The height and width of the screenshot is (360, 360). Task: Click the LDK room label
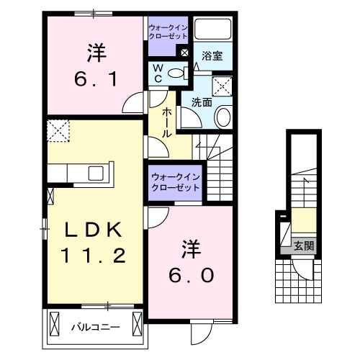tap(95, 230)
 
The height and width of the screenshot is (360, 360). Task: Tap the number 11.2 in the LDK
tap(95, 254)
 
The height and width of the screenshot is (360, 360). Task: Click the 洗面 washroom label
tap(202, 102)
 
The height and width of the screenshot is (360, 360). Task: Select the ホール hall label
tap(166, 122)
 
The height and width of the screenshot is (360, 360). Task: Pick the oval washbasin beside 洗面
tap(222, 117)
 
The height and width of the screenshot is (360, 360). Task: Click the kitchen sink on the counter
tap(95, 173)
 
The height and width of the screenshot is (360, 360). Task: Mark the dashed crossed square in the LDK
tap(57, 132)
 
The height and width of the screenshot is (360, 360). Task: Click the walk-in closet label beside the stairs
tap(175, 181)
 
